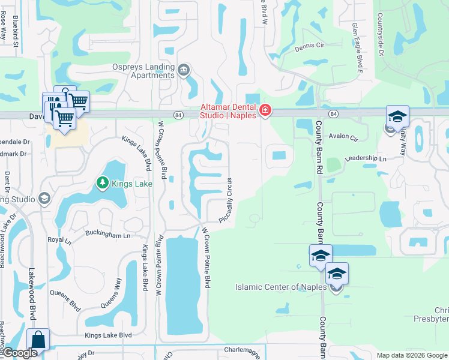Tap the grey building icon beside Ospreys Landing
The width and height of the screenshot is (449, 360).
(184, 71)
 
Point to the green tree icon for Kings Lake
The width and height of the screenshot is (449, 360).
(103, 183)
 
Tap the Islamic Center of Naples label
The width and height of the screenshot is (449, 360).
(282, 287)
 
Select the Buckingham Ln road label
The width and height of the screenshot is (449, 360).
(108, 234)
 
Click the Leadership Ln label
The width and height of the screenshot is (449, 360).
(365, 158)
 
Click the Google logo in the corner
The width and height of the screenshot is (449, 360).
(20, 353)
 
